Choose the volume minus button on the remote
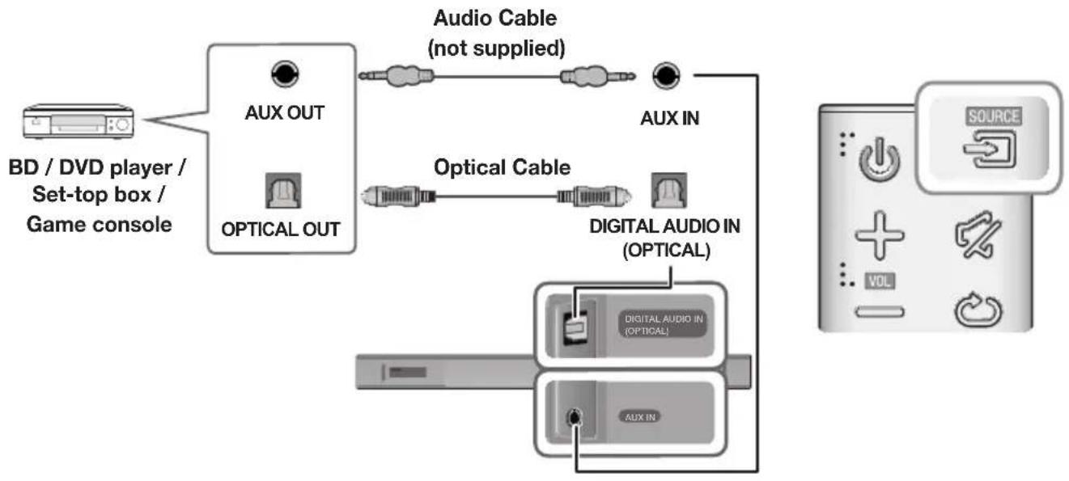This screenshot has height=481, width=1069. pos(876,310)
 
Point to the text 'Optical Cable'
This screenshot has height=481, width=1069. pos(503,168)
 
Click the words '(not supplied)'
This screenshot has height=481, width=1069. pos(495,48)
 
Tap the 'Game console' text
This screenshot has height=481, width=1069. pos(99,224)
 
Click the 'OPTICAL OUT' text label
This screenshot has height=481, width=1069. pos(281,230)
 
